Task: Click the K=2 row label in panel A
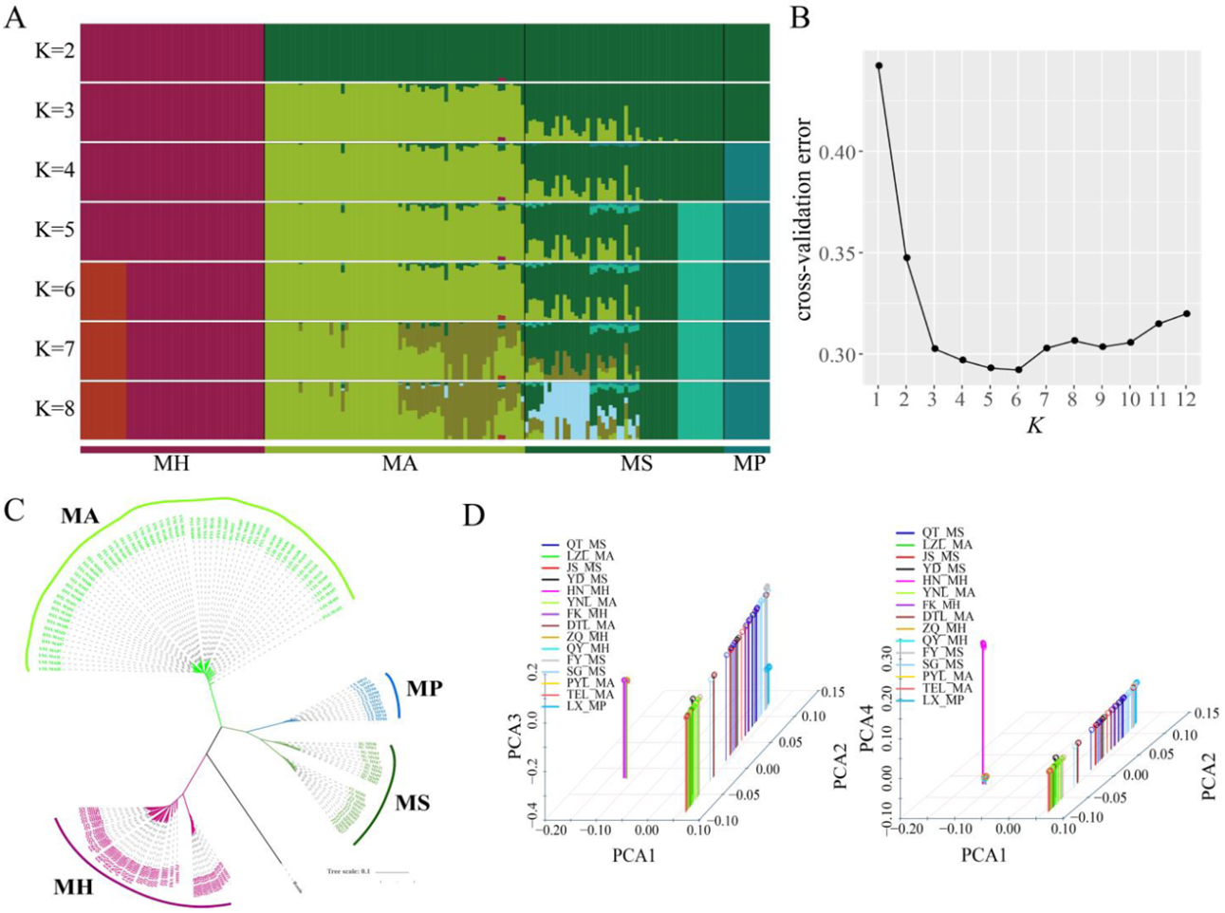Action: pos(54,49)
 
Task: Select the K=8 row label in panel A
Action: pos(54,409)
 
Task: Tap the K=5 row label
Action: pos(54,230)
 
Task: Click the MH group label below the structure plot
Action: pos(171,464)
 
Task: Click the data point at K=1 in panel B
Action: pos(879,65)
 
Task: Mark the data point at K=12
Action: pos(1186,314)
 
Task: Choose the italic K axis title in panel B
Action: pos(1034,426)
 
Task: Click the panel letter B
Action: pos(800,17)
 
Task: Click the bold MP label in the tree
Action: pos(423,688)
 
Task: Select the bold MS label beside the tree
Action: pos(411,803)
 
